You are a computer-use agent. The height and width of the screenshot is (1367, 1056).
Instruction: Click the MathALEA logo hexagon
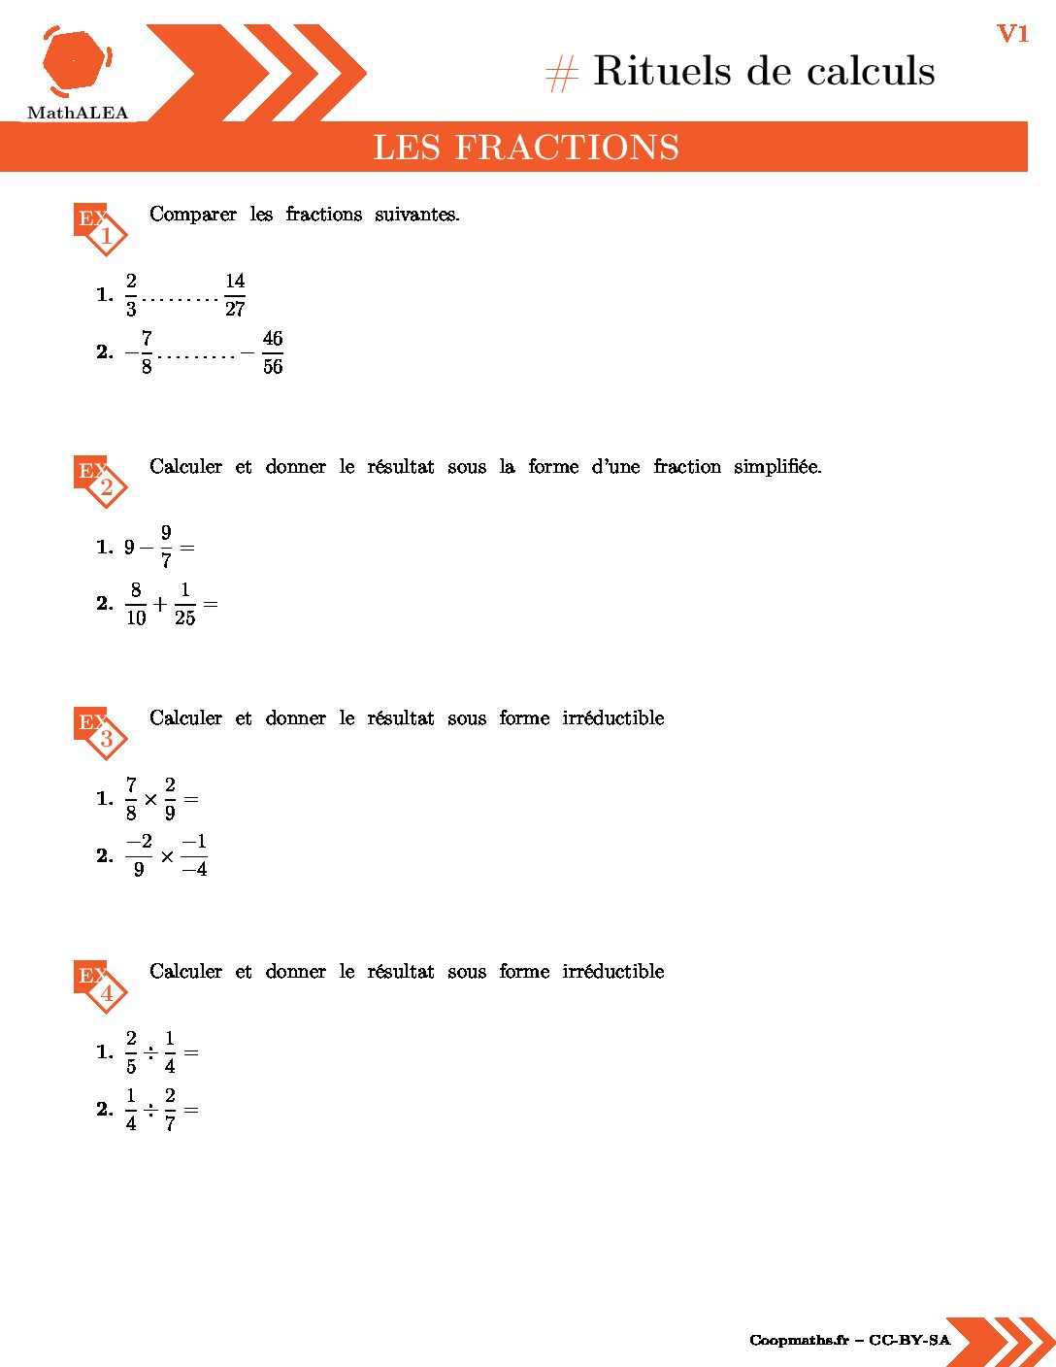76,61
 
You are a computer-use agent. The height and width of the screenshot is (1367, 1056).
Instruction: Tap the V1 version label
1012,34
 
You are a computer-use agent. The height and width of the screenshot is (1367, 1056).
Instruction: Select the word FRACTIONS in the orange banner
567,148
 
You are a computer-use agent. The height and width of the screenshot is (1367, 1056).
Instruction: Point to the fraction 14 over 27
235,294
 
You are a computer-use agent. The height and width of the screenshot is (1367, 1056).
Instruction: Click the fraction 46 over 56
273,352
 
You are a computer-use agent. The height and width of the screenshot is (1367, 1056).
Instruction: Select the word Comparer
193,215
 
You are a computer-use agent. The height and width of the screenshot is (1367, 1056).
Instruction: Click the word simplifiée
776,467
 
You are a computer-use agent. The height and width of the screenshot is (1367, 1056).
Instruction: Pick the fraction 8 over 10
136,604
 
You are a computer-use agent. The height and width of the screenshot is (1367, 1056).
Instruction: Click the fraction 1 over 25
184,604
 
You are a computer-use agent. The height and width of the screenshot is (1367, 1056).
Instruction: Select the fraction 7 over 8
131,798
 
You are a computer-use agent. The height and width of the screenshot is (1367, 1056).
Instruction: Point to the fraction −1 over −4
194,855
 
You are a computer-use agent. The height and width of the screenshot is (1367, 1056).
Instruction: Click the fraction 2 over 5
131,1051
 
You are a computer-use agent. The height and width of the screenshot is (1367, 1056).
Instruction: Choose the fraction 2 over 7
170,1109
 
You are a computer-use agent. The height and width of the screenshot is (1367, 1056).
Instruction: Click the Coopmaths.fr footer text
799,1341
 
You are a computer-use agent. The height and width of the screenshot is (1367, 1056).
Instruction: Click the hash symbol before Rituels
562,74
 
